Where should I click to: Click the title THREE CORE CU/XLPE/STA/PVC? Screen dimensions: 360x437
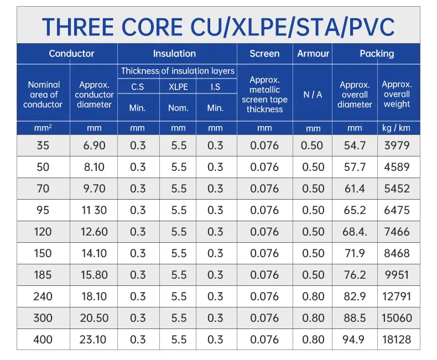(x=218, y=26)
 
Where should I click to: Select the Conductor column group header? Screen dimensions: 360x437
(x=71, y=54)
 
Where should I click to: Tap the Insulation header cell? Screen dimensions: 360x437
(x=174, y=54)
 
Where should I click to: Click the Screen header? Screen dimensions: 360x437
(x=264, y=54)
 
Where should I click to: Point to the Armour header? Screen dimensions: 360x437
(x=313, y=54)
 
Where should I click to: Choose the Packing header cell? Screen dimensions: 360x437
(x=377, y=54)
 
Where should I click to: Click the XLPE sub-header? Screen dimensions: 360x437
(x=178, y=87)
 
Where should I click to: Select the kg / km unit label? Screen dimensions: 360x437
(x=396, y=128)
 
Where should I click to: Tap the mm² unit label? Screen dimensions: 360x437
(x=43, y=128)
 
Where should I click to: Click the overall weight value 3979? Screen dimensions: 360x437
(x=396, y=145)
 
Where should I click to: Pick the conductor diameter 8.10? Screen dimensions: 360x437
(x=95, y=167)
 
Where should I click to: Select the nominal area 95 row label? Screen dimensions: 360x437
(x=43, y=210)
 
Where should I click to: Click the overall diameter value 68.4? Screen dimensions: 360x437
(x=355, y=232)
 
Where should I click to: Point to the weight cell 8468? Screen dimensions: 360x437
(x=396, y=253)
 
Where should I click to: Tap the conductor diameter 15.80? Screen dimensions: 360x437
(x=95, y=275)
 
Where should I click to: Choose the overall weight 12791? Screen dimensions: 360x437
(x=396, y=296)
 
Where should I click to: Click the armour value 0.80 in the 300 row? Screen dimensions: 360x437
(x=313, y=318)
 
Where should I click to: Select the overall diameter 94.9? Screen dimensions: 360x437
(x=355, y=339)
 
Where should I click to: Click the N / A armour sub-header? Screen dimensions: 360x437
(x=313, y=95)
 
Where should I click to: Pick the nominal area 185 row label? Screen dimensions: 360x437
(x=43, y=275)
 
